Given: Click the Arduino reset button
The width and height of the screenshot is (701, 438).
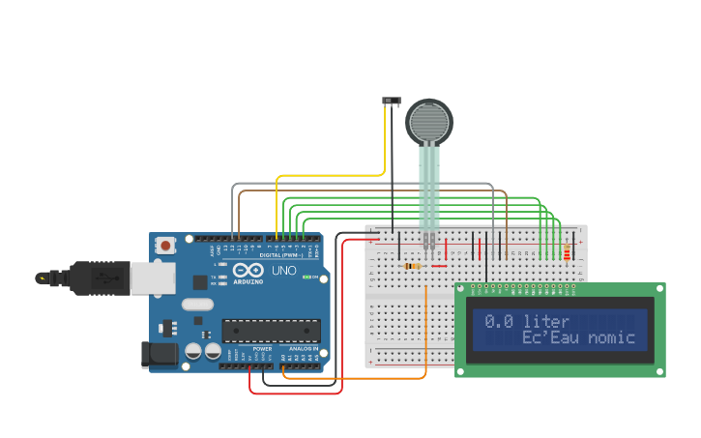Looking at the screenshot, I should point(165,246).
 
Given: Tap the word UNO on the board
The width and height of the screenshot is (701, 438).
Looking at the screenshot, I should point(284,271).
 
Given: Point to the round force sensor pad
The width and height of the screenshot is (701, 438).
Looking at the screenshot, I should point(429,122).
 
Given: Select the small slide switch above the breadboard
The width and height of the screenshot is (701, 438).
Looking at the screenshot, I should point(392,101).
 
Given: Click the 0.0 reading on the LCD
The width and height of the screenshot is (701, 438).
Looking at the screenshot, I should point(499,321).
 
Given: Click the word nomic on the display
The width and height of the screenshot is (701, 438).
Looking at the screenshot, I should point(611,337).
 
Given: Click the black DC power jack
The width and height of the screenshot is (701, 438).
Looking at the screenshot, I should point(159,356).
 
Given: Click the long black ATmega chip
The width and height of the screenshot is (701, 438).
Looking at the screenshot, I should point(271,331).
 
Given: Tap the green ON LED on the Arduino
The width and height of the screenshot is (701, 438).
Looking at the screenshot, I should point(307,277).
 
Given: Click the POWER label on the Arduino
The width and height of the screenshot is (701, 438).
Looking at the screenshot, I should point(262,349).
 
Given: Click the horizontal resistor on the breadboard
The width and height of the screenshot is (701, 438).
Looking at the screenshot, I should point(413,266).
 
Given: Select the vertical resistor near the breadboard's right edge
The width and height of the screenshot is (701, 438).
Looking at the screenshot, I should point(567,254).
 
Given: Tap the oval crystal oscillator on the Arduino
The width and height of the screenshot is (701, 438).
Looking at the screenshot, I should point(196,305).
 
